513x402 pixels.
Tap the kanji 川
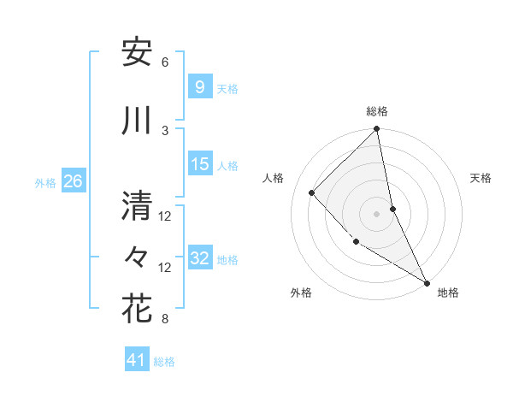pyautogui.click(x=137, y=121)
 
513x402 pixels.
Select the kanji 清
pyautogui.click(x=137, y=204)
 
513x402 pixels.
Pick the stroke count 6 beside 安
pyautogui.click(x=165, y=62)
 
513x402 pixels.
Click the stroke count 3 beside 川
pyautogui.click(x=165, y=130)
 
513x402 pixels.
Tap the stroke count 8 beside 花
pyautogui.click(x=165, y=319)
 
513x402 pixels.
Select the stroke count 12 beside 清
pyautogui.click(x=165, y=216)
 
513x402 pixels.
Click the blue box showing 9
pyautogui.click(x=199, y=87)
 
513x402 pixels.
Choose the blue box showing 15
pyautogui.click(x=200, y=164)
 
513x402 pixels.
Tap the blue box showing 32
pyautogui.click(x=200, y=258)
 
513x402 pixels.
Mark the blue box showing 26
pyautogui.click(x=73, y=181)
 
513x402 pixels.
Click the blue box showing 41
pyautogui.click(x=137, y=361)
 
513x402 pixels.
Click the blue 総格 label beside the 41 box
pyautogui.click(x=164, y=362)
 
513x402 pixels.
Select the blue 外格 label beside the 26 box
pyautogui.click(x=45, y=182)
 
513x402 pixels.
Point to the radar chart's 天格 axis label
pyautogui.click(x=481, y=178)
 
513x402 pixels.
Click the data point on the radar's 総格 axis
pyautogui.click(x=377, y=130)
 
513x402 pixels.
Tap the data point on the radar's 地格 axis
pyautogui.click(x=425, y=281)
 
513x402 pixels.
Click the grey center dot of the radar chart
pyautogui.click(x=377, y=213)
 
